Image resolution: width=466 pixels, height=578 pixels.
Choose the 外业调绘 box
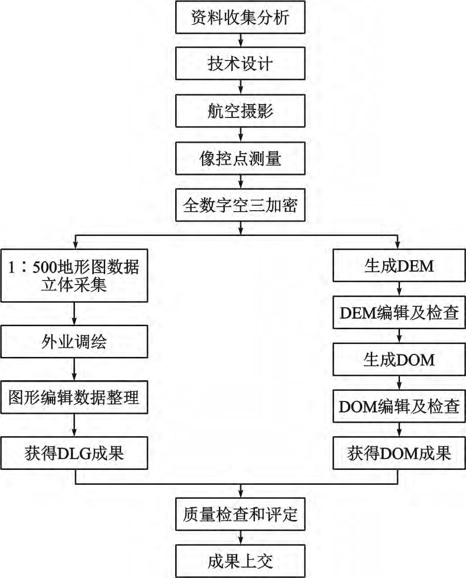coord(74,343)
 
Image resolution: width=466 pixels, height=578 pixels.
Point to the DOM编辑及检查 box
coord(399,407)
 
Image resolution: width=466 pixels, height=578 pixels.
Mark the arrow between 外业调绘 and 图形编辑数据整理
coord(74,370)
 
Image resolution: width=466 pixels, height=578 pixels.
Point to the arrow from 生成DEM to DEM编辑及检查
coord(399,291)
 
